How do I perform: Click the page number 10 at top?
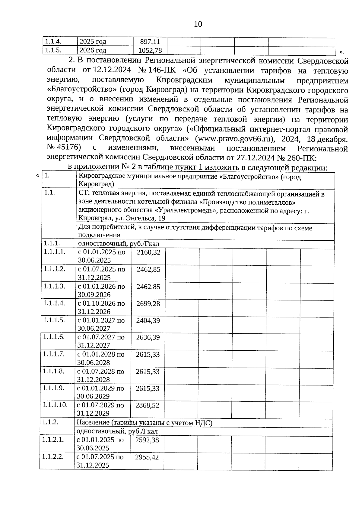pyautogui.click(x=198, y=24)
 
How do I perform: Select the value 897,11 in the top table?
pyautogui.click(x=150, y=41)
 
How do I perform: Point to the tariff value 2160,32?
pyautogui.click(x=148, y=252)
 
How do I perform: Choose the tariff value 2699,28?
pyautogui.click(x=148, y=304)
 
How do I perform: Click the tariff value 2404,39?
pyautogui.click(x=148, y=320)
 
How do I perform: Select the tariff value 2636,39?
pyautogui.click(x=148, y=337)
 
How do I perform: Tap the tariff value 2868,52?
pyautogui.click(x=147, y=405)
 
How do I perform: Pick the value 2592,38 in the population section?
pyautogui.click(x=147, y=440)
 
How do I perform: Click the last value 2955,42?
pyautogui.click(x=147, y=457)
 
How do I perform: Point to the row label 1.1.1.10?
pyautogui.click(x=55, y=405)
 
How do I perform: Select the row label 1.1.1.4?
pyautogui.click(x=54, y=303)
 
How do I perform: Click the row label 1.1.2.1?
pyautogui.click(x=53, y=440)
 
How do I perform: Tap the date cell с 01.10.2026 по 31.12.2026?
pyautogui.click(x=101, y=307)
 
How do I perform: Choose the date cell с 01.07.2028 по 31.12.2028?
pyautogui.click(x=100, y=375)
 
